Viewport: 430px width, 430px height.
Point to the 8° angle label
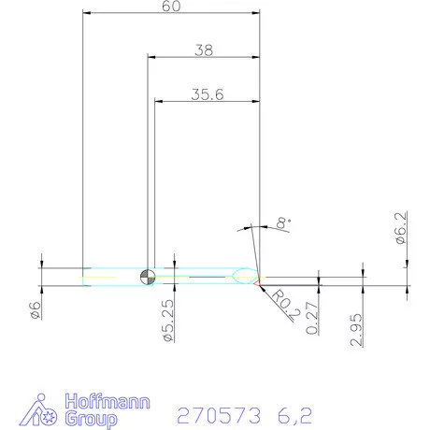pos(281,222)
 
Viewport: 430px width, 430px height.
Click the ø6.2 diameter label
pos(401,228)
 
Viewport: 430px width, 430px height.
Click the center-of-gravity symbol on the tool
pos(147,276)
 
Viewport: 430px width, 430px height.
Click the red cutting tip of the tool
pos(259,278)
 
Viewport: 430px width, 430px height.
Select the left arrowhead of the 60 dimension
pos(87,13)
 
